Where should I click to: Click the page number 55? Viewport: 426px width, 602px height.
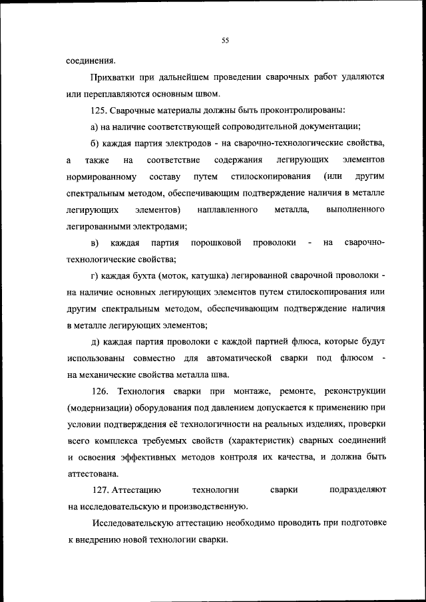point(225,41)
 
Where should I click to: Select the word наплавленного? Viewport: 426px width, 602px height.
point(228,210)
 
